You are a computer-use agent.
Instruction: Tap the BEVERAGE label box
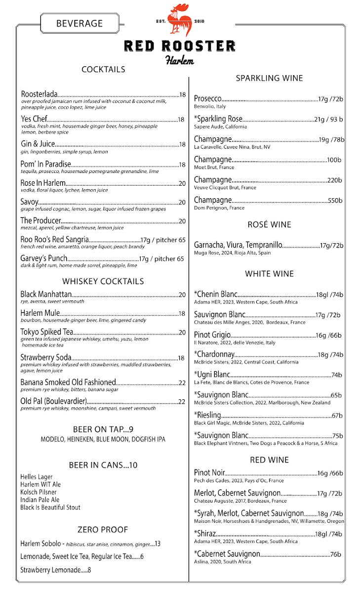(80, 23)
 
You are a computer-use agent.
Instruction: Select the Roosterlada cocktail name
(40, 94)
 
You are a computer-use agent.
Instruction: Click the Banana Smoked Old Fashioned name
(68, 382)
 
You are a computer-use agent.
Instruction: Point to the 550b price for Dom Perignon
(335, 201)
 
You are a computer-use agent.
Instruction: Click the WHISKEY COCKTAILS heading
(103, 281)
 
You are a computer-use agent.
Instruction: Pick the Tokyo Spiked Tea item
(47, 332)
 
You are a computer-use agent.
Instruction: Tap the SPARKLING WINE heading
(269, 78)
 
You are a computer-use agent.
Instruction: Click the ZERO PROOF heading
(103, 530)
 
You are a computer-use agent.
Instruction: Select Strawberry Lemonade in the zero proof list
(50, 570)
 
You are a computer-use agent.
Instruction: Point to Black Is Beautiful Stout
(50, 508)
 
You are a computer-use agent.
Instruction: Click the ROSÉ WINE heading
(269, 224)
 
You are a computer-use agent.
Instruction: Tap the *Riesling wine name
(207, 415)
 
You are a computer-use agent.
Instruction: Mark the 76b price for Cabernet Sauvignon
(336, 554)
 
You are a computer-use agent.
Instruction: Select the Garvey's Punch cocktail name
(43, 258)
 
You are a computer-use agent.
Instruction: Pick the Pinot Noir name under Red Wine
(209, 473)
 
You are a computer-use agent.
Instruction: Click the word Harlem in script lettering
(180, 61)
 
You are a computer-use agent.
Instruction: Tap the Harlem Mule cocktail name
(40, 313)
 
